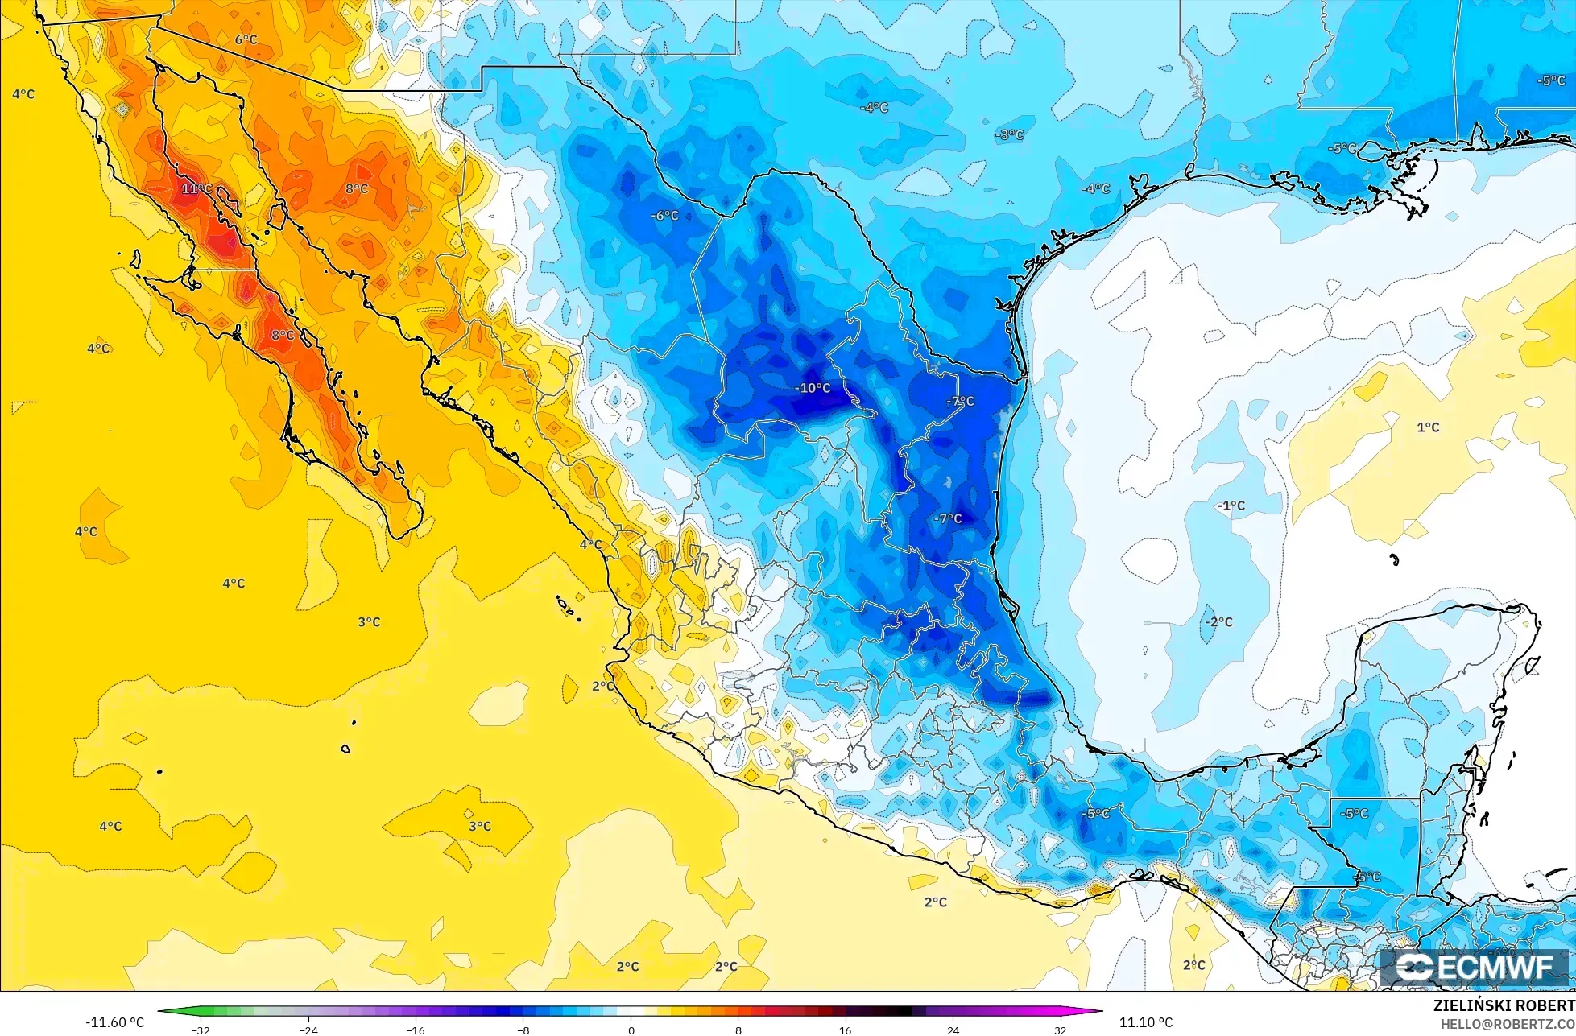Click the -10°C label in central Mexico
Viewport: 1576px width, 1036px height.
point(813,388)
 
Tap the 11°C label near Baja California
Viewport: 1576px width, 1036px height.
point(196,189)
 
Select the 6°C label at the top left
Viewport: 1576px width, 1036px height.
point(246,39)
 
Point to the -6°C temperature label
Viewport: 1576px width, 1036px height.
point(665,216)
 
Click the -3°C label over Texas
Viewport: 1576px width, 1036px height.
point(1009,135)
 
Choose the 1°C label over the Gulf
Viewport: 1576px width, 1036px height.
point(1428,427)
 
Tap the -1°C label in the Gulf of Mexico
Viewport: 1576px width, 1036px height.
point(1231,506)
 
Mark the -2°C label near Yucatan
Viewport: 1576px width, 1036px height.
point(1218,622)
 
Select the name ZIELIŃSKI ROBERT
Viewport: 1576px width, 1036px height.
point(1504,1006)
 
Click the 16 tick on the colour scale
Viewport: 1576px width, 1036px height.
point(845,1030)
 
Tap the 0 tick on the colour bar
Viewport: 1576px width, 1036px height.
point(631,1030)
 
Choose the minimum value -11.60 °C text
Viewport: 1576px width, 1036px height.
point(115,1022)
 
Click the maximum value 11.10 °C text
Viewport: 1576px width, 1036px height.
point(1146,1022)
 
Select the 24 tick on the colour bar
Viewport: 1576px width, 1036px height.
point(953,1030)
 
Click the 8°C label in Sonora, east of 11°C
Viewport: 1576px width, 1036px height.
point(357,189)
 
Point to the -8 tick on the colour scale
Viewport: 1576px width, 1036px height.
point(523,1030)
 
